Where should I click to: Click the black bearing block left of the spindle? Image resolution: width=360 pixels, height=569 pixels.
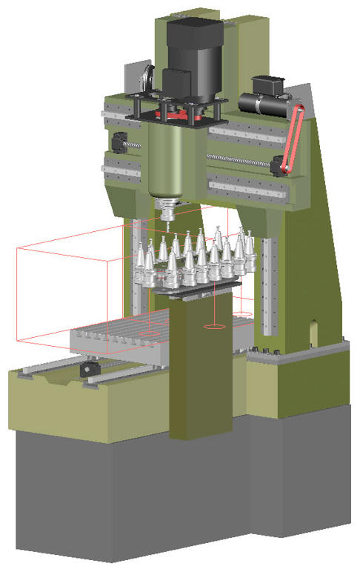[118, 140]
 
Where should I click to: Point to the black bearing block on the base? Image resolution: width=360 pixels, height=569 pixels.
[89, 367]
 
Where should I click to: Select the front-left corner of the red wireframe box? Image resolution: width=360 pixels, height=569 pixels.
[19, 342]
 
